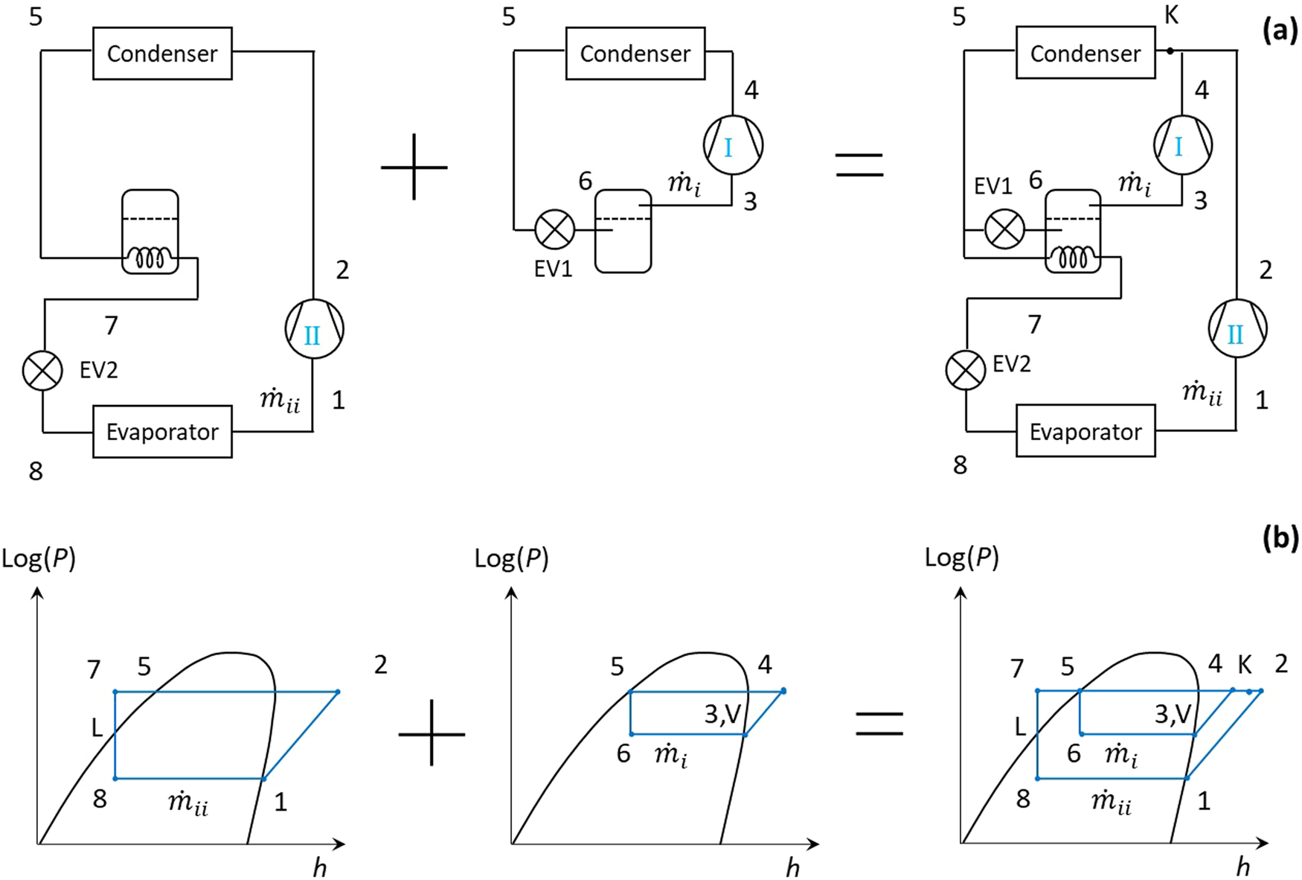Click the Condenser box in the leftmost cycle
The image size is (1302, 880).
pos(162,54)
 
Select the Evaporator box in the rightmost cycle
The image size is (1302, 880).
pos(1085,431)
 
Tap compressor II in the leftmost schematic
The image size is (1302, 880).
pos(314,329)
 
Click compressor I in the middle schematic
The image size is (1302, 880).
pos(733,144)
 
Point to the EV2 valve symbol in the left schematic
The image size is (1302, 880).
pos(42,370)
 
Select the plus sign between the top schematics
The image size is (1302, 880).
pos(414,167)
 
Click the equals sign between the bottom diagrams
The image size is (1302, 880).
pos(879,724)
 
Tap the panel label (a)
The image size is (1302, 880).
pos(1280,31)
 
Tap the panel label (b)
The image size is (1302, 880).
pos(1280,538)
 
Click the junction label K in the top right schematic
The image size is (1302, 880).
pos(1171,15)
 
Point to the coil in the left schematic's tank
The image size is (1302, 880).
pos(150,258)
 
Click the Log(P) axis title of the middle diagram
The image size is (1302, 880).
pos(511,558)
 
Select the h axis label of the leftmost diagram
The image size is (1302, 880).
pos(319,867)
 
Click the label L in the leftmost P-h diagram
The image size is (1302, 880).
pos(97,727)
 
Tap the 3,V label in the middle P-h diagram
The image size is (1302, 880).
pos(722,715)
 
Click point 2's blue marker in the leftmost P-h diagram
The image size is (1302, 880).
pos(338,692)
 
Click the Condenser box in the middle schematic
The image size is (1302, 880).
pos(635,54)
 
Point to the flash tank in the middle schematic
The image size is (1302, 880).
pos(623,231)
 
